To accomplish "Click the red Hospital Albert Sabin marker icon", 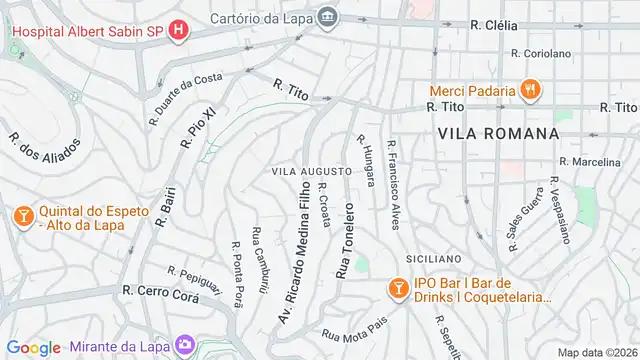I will [x=178, y=30].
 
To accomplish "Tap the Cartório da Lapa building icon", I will [x=328, y=17].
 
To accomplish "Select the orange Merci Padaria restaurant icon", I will [x=531, y=89].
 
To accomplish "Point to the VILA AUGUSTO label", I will [x=311, y=171].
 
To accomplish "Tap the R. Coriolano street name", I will [x=540, y=53].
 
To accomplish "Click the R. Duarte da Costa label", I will [x=185, y=95].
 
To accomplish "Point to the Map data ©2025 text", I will [x=596, y=352].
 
